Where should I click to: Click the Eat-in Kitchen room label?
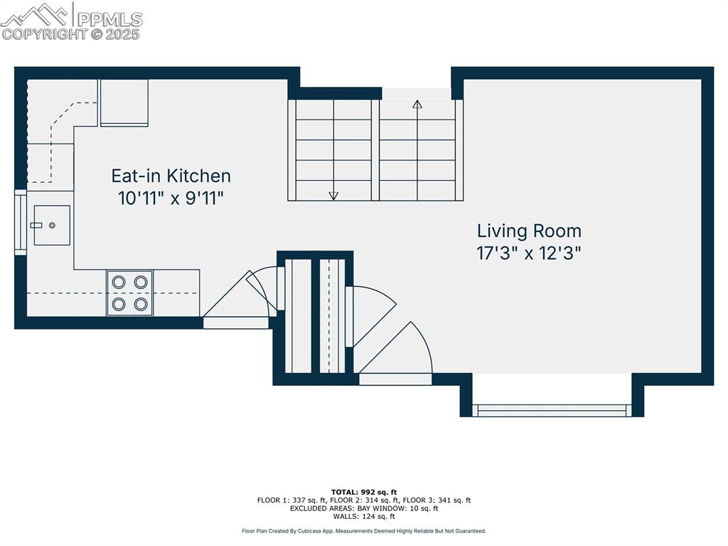171,176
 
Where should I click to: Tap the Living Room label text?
529,231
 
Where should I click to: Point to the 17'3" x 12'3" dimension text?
529,253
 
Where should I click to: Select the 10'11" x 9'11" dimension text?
171,199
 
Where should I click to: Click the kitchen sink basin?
52,225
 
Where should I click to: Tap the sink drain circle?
52,225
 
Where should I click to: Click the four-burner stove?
130,293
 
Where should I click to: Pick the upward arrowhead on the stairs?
417,104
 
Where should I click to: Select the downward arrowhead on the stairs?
333,196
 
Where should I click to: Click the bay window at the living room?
552,410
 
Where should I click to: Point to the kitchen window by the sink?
21,222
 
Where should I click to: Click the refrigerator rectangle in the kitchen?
124,103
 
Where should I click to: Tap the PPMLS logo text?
109,19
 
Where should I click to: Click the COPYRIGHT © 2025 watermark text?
70,34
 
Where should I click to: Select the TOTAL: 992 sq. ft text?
364,492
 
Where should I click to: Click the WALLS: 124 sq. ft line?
364,516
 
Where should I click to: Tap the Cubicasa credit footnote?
364,531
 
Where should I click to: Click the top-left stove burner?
119,282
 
